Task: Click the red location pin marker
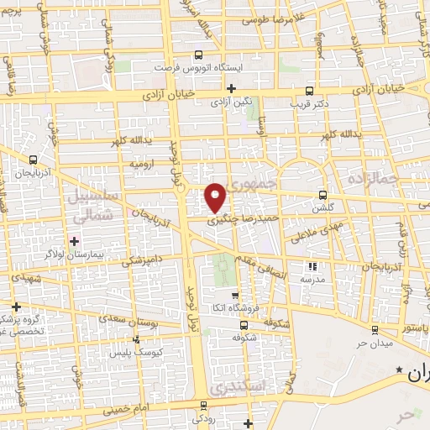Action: tap(216, 197)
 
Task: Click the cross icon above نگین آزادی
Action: tap(230, 88)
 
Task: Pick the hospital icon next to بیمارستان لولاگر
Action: tap(75, 242)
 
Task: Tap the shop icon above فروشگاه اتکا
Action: tap(235, 295)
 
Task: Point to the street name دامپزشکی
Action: tap(145, 262)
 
